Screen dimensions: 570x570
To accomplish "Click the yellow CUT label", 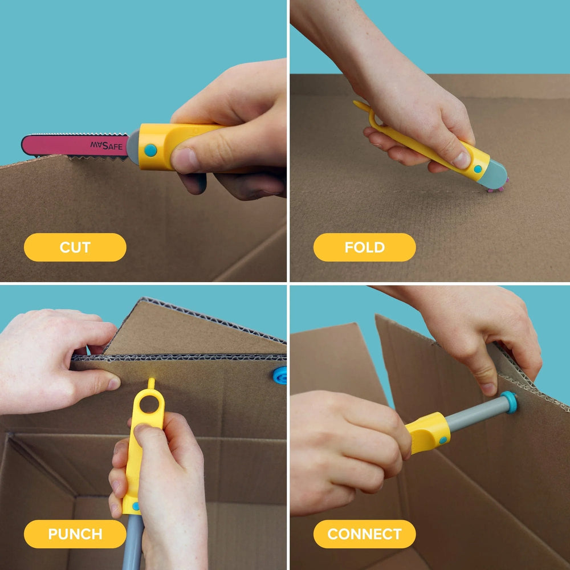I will pos(75,247).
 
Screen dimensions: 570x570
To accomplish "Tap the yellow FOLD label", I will pos(364,247).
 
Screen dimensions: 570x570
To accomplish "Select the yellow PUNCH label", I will pos(75,534).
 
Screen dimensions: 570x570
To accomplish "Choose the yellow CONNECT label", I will pos(364,534).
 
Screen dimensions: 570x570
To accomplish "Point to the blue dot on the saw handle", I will pos(150,150).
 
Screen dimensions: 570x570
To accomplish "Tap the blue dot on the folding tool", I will pos(478,169).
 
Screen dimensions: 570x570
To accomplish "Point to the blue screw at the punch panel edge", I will pos(280,375).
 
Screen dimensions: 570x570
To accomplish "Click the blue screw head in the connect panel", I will pos(510,402).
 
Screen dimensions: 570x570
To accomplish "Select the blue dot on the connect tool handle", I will pos(443,439).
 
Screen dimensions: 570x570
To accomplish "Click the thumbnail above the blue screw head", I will pos(487,388).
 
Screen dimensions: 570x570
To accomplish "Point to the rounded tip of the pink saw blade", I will pos(26,145).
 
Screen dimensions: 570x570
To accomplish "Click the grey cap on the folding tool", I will pos(492,173).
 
